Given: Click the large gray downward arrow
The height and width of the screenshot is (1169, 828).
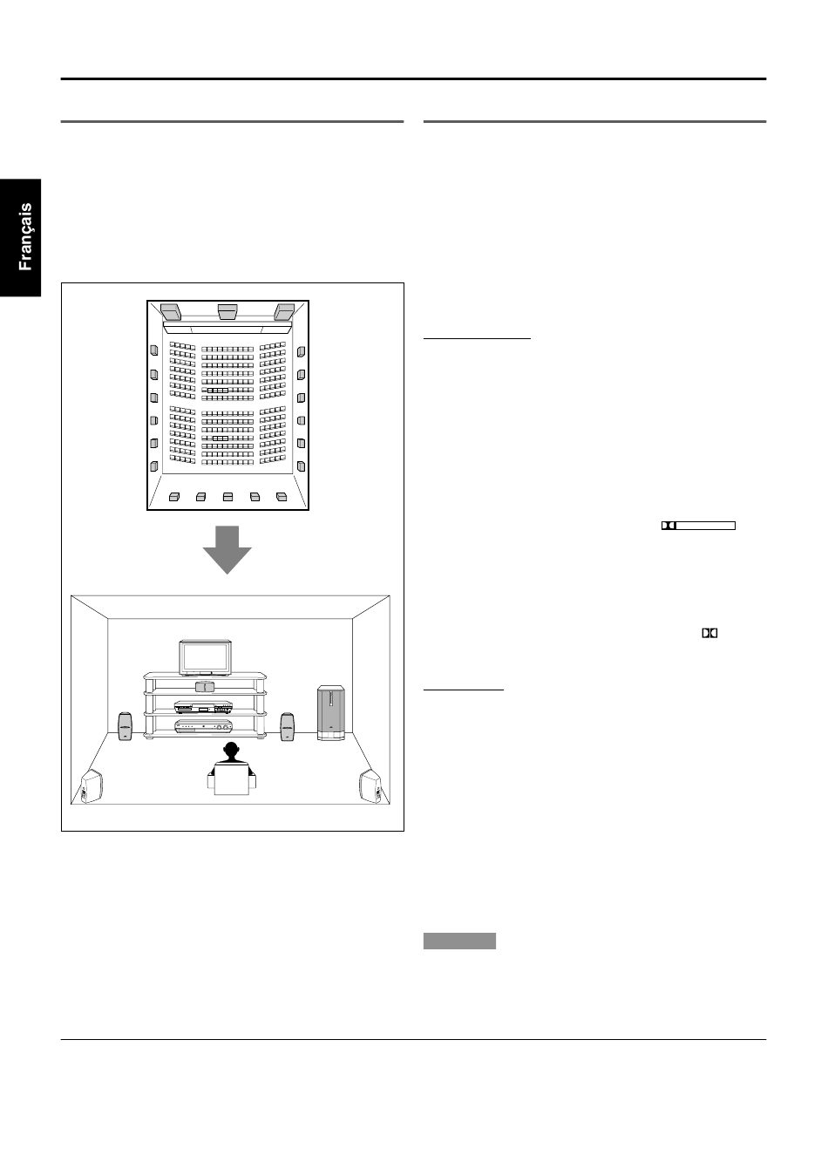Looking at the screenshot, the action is pyautogui.click(x=227, y=549).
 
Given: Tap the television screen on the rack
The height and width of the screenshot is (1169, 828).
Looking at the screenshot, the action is pyautogui.click(x=205, y=657).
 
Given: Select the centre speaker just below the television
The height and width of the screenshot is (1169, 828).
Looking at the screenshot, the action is pyautogui.click(x=205, y=686).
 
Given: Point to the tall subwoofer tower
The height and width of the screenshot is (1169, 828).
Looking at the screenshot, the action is pyautogui.click(x=331, y=713).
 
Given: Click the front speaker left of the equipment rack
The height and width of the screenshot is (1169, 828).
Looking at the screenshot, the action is pyautogui.click(x=126, y=726).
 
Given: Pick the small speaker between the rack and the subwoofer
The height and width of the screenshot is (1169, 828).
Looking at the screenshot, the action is pyautogui.click(x=288, y=726).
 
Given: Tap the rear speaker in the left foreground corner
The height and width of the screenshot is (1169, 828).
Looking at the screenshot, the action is pyautogui.click(x=92, y=786).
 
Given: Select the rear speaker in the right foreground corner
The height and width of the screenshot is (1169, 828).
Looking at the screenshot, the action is pyautogui.click(x=370, y=786).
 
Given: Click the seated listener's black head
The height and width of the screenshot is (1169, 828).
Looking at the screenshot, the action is pyautogui.click(x=231, y=752).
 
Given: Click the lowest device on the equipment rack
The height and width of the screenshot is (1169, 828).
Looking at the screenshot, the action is pyautogui.click(x=203, y=726).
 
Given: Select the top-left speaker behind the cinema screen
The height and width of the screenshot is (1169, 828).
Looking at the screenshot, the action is pyautogui.click(x=171, y=312).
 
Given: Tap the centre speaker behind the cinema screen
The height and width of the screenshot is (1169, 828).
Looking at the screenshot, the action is pyautogui.click(x=227, y=311).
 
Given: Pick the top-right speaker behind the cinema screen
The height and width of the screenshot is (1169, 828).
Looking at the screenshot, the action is pyautogui.click(x=284, y=312).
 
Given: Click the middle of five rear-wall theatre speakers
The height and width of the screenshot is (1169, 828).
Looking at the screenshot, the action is pyautogui.click(x=227, y=497).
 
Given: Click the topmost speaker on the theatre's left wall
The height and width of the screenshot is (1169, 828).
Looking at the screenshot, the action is pyautogui.click(x=154, y=350).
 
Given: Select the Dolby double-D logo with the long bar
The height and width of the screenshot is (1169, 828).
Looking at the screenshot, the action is pyautogui.click(x=698, y=526).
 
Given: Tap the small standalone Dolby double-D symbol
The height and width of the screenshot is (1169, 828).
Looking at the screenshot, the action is pyautogui.click(x=709, y=633).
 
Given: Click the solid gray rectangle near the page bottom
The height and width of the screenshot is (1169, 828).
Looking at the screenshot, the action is pyautogui.click(x=459, y=941).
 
